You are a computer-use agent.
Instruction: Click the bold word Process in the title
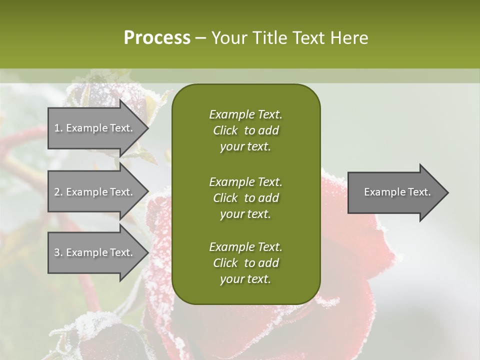[157, 38]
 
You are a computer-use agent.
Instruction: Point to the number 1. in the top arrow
[58, 128]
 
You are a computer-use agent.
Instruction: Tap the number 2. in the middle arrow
[58, 192]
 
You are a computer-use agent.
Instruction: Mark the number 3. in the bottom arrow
[58, 252]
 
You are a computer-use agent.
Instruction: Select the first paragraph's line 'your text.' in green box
[245, 147]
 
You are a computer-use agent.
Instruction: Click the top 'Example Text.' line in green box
[245, 114]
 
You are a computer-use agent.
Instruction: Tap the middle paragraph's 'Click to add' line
[245, 198]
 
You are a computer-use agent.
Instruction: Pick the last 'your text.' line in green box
[245, 279]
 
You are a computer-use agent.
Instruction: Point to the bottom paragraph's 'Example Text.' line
[245, 247]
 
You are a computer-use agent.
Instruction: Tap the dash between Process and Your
[200, 38]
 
